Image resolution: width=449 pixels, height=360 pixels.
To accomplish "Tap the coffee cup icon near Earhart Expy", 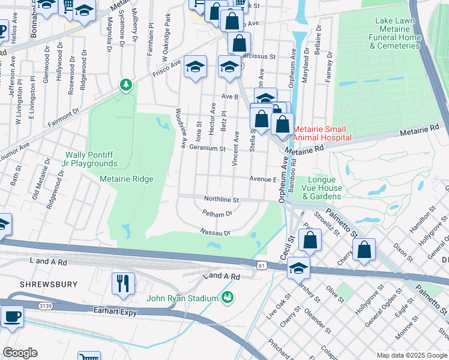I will coord(12,316).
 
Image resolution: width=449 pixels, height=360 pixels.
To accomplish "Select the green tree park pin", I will coord(125,85).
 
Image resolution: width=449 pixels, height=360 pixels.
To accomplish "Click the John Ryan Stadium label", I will coord(183,298).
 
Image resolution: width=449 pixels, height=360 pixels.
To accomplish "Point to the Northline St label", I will coord(221,199).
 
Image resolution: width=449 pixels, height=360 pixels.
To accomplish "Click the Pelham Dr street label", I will coord(217,214).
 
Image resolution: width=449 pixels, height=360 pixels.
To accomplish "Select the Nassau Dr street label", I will coord(215,232).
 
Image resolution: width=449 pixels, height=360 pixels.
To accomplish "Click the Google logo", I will coord(20,353).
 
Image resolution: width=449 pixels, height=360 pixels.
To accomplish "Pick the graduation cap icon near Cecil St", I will coord(298,268).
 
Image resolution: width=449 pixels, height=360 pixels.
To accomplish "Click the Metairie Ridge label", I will coord(127,179).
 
